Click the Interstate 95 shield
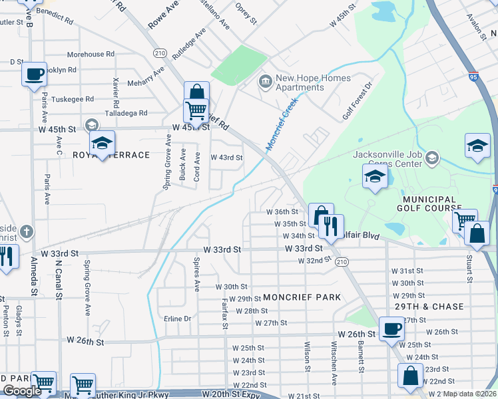pos(472,76)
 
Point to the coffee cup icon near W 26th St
pos(391,329)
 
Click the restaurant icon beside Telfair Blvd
pos(331,226)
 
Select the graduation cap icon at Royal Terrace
pos(103,143)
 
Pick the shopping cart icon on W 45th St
pos(196,110)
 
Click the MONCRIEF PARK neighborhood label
pos(302,297)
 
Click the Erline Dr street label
pos(177,319)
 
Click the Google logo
pos(22,390)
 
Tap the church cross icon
pos(25,232)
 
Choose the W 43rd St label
pos(226,158)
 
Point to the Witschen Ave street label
pos(334,356)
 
